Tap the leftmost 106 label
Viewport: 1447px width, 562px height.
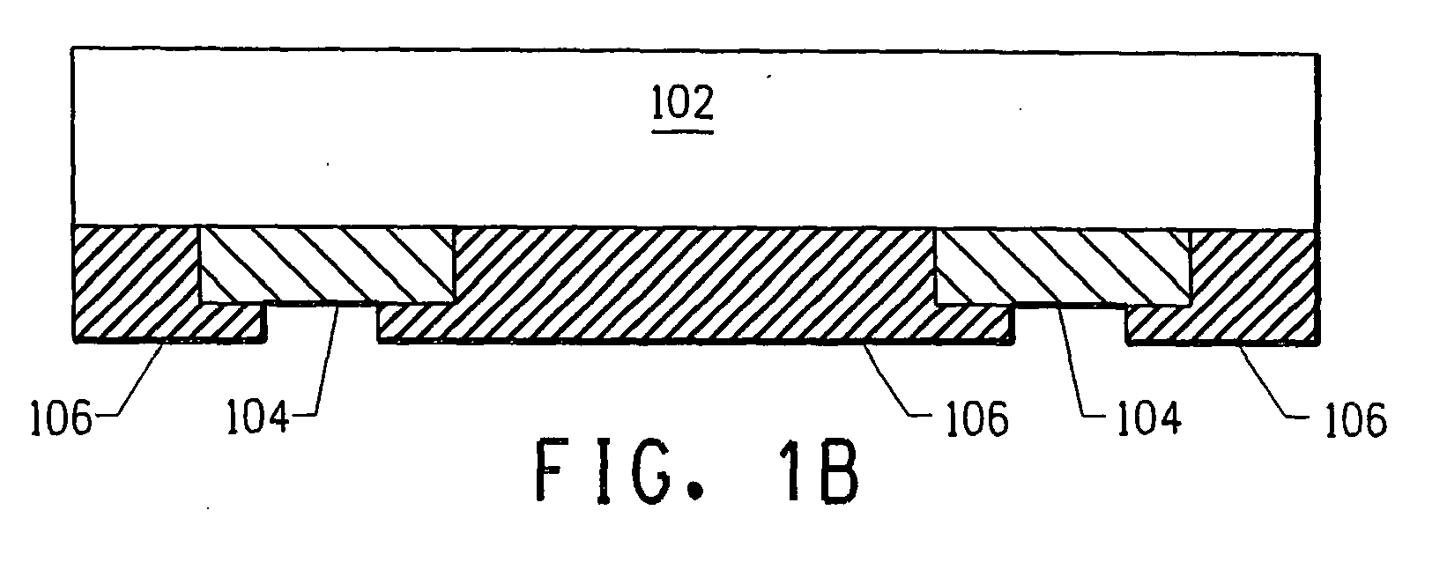(62, 418)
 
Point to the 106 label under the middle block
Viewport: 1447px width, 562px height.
(976, 418)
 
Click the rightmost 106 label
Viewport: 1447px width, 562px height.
(1356, 419)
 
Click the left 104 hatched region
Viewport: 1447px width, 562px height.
(326, 265)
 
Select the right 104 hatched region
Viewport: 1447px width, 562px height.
(1063, 267)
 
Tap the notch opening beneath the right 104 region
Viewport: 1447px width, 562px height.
(1070, 324)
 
